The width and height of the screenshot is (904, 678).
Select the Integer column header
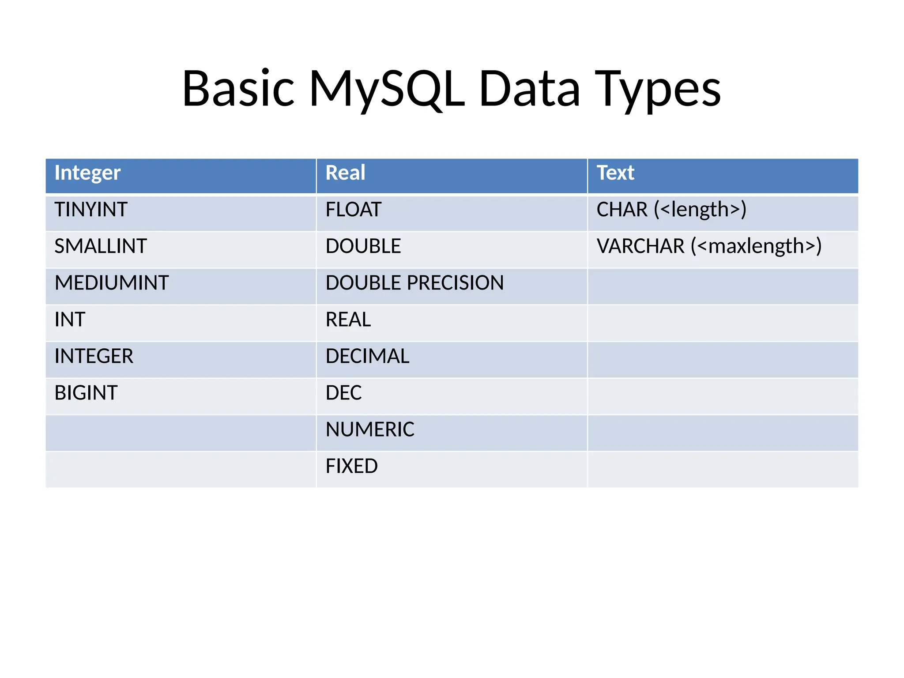[87, 173]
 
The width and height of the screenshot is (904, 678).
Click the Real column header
[345, 173]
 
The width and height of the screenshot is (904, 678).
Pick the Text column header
[615, 173]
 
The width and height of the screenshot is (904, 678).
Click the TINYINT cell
[91, 209]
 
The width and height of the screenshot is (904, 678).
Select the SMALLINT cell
[101, 246]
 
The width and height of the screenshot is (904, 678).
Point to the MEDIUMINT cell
[112, 282]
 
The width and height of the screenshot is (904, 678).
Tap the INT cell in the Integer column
[70, 319]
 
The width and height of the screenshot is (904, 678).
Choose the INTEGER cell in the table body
[94, 356]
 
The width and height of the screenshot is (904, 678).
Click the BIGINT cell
[86, 392]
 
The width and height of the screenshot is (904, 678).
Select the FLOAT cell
[353, 209]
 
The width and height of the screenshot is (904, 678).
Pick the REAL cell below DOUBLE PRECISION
[348, 319]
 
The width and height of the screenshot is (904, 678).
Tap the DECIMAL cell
[367, 356]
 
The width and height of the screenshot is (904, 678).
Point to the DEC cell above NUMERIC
[343, 392]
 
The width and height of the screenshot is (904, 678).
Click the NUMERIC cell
[370, 429]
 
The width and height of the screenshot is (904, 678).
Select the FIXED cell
[351, 466]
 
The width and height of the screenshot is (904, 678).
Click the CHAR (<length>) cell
[671, 209]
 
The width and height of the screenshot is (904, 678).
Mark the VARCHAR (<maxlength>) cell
[709, 246]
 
